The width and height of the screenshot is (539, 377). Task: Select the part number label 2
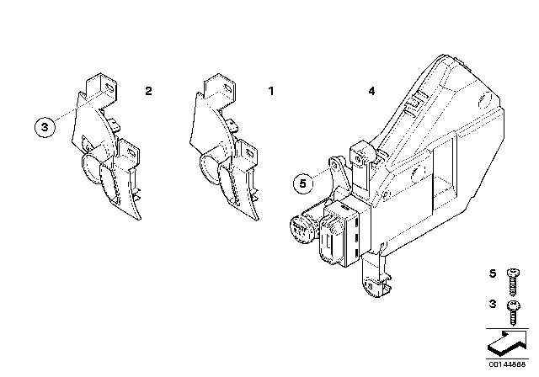148,89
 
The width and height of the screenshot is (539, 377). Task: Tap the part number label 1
271,89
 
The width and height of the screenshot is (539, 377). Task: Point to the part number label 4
371,89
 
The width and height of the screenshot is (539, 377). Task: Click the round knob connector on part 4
301,227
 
